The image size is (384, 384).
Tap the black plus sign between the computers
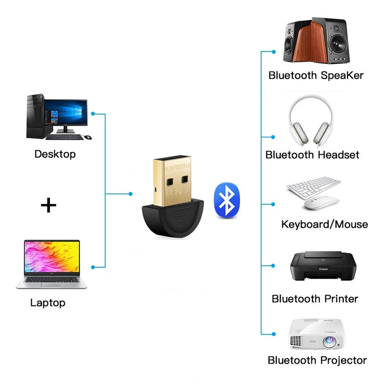pos(48,206)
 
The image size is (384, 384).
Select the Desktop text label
pos(55,154)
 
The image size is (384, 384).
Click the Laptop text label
pos(48,302)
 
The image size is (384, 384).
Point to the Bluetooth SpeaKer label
pos(316,75)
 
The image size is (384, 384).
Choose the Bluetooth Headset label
pos(312,155)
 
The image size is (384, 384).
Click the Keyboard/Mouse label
pos(324,224)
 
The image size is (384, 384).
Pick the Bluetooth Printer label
pos(315,299)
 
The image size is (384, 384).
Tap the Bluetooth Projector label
pos(317,360)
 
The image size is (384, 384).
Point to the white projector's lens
pos(328,342)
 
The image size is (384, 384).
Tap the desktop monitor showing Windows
pos(66,113)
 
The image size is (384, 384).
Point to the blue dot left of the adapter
pos(131,194)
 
